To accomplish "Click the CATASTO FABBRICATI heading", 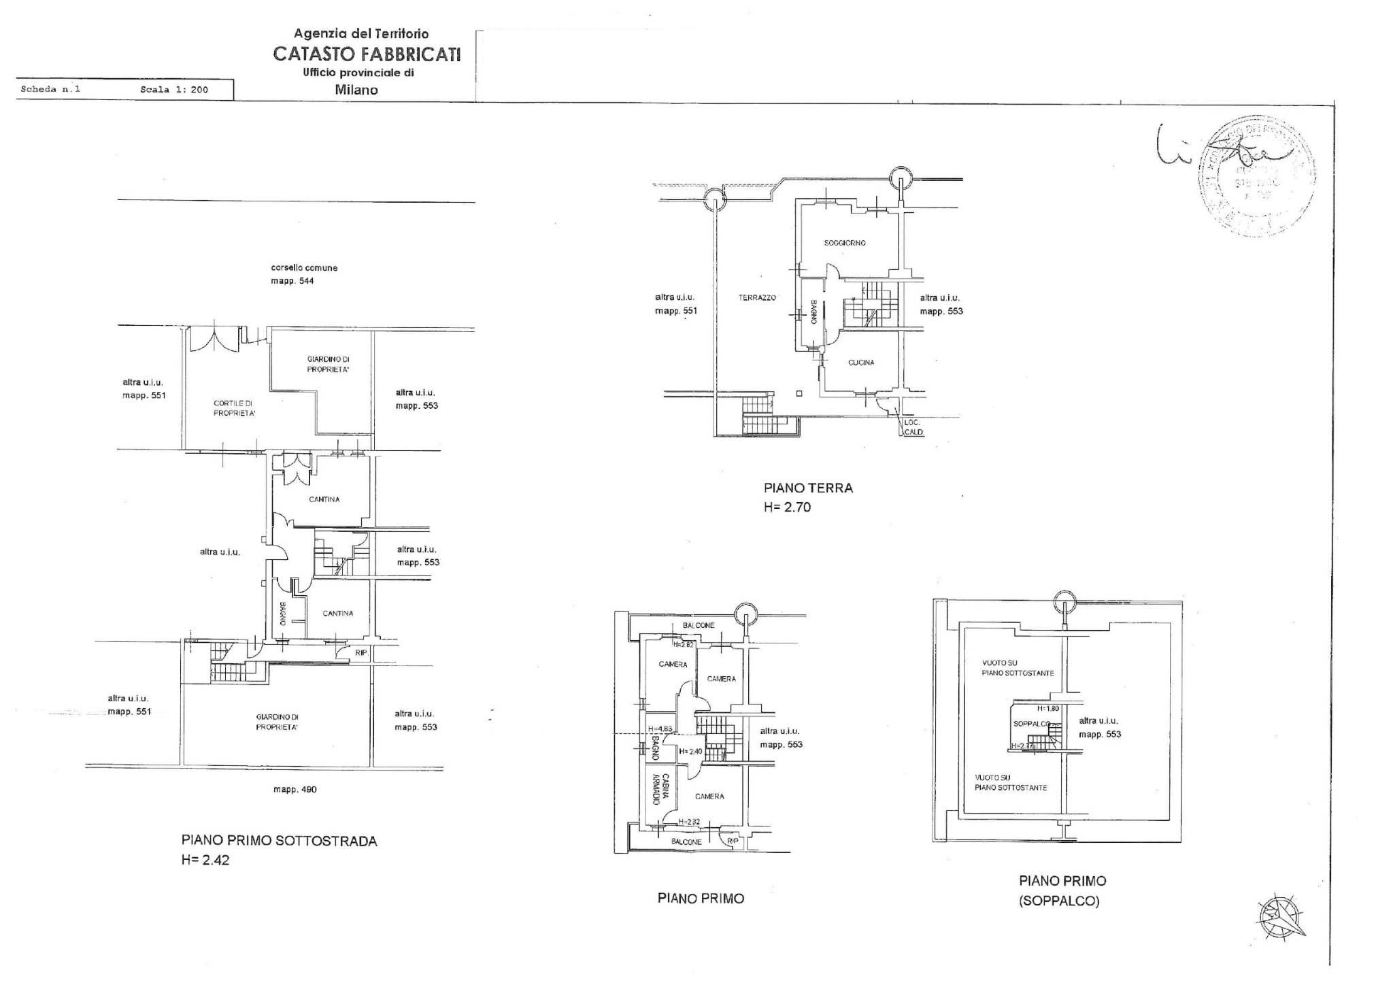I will click(x=367, y=54).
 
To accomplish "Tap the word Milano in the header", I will click(x=356, y=90).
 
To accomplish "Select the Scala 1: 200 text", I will click(x=174, y=89).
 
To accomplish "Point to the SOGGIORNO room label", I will click(x=845, y=243).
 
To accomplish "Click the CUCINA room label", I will click(x=861, y=363).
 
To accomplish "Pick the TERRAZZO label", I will click(x=757, y=297).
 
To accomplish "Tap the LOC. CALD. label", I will click(x=913, y=427).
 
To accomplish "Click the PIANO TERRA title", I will click(x=808, y=488).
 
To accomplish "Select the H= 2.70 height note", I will click(x=788, y=507).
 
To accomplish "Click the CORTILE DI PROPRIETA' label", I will click(x=235, y=408).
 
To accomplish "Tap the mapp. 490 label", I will click(x=295, y=790).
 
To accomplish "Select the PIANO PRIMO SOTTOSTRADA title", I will click(x=279, y=841).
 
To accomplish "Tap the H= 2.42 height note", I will click(x=205, y=860).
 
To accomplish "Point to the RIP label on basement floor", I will click(x=361, y=652).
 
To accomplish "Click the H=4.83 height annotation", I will click(x=659, y=729).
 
